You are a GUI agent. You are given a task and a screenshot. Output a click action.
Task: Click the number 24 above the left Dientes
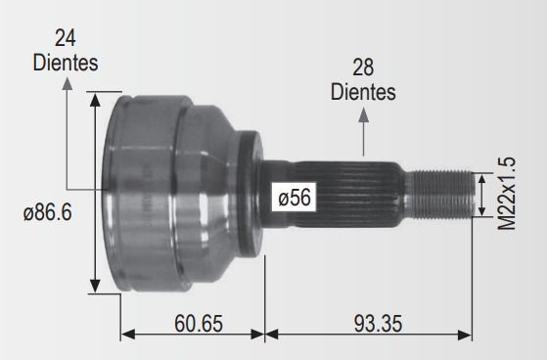pyautogui.click(x=66, y=38)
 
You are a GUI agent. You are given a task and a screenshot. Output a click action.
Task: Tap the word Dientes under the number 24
pyautogui.click(x=66, y=63)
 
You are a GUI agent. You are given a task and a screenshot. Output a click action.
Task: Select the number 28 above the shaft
pyautogui.click(x=363, y=67)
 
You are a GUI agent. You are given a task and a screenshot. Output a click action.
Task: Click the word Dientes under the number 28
pyautogui.click(x=363, y=92)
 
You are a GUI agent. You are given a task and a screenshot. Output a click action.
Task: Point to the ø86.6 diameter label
pyautogui.click(x=48, y=212)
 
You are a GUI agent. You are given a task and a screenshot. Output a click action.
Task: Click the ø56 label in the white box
pyautogui.click(x=295, y=197)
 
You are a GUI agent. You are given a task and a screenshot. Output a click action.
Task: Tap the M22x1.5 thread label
pyautogui.click(x=506, y=194)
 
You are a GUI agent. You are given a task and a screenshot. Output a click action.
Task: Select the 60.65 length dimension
pyautogui.click(x=199, y=323)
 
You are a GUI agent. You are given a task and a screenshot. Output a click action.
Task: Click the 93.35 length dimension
pyautogui.click(x=378, y=323)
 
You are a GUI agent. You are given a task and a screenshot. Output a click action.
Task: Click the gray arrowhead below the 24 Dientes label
pyautogui.click(x=68, y=84)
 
